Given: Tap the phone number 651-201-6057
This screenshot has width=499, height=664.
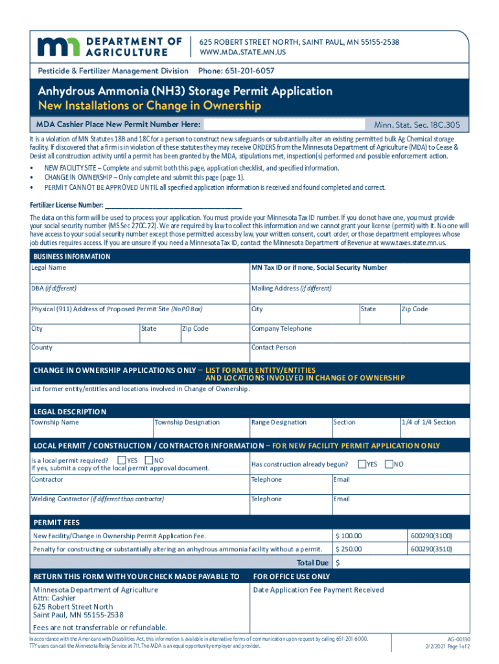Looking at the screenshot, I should [236, 71].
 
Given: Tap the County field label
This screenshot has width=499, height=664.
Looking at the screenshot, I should [42, 348].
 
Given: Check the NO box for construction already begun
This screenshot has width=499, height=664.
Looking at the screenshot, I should [389, 464].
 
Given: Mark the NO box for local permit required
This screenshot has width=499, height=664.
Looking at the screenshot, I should [149, 460].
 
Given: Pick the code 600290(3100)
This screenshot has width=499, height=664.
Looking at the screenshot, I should [430, 536].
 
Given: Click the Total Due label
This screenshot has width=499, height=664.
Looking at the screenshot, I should [312, 563].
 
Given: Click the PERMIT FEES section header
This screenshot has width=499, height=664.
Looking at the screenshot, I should [56, 522].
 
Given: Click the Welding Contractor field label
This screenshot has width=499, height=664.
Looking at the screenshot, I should [97, 499].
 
